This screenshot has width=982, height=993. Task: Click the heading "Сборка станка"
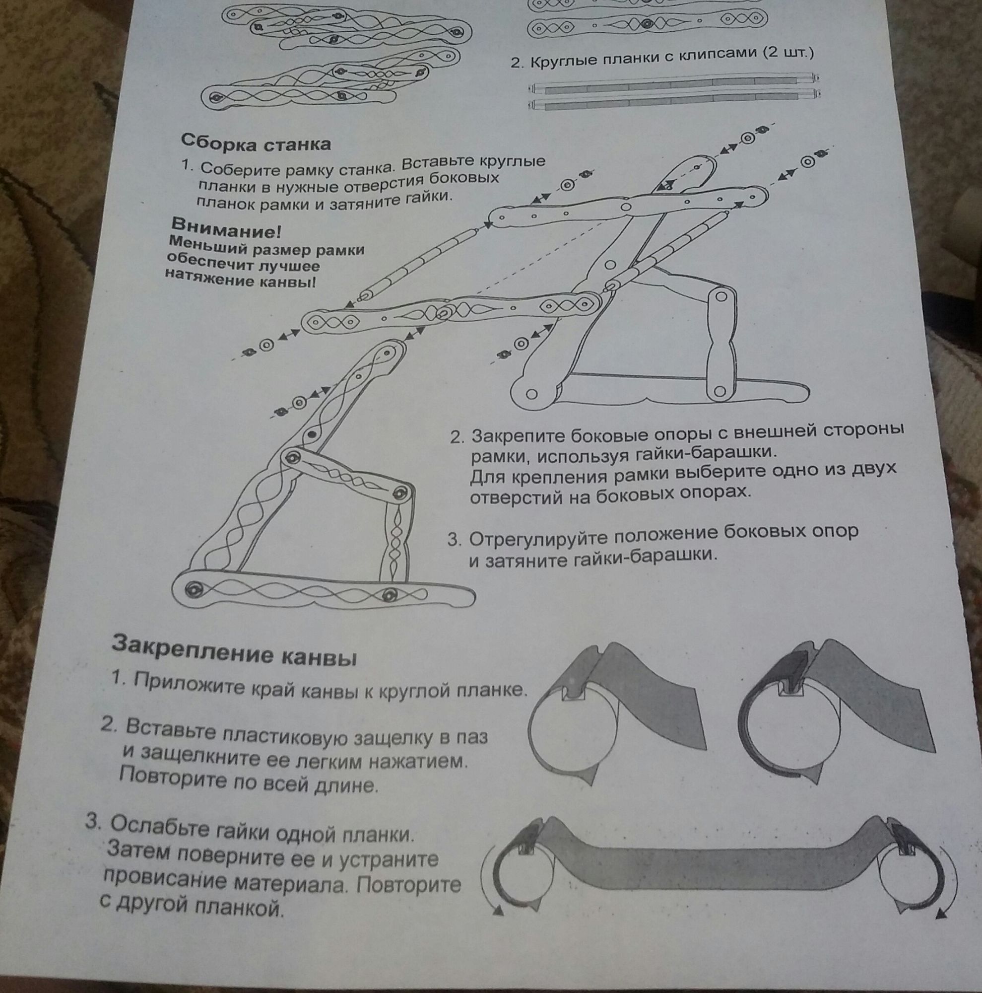tap(255, 142)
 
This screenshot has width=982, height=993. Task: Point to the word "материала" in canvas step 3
tap(292, 883)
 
